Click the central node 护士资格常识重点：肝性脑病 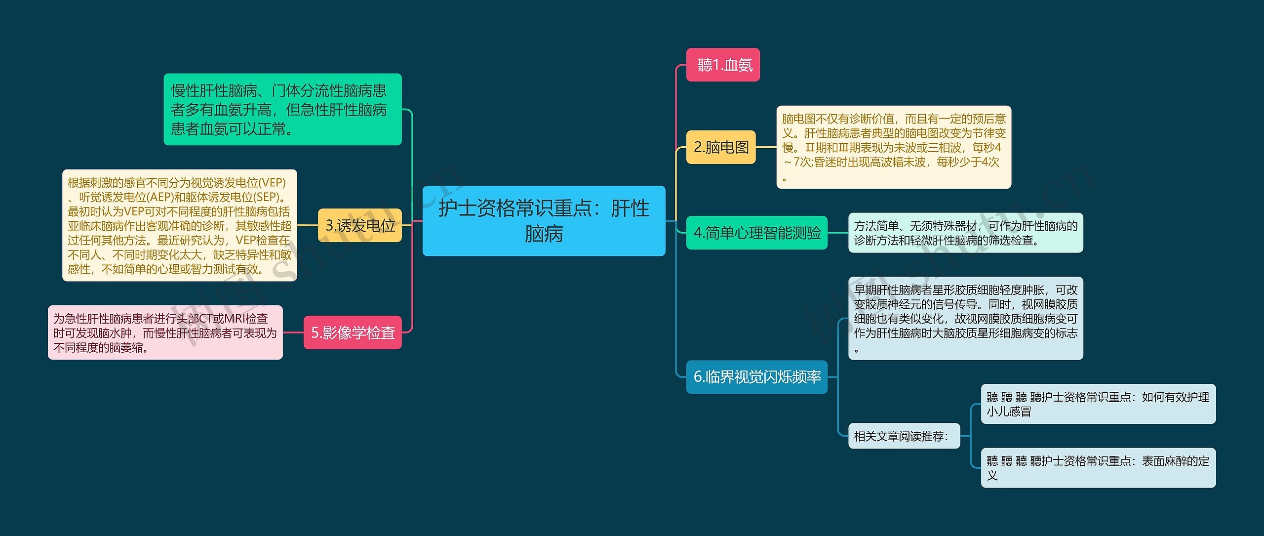(x=544, y=220)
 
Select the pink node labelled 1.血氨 (x=723, y=65)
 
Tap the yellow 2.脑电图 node (x=721, y=147)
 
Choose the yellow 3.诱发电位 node (x=360, y=225)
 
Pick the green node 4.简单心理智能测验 (x=756, y=233)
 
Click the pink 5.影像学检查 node (x=353, y=332)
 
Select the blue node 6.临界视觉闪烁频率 (x=756, y=377)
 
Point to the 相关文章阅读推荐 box (x=904, y=436)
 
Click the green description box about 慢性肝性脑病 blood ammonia (x=282, y=109)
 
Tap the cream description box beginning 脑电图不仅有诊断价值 (x=893, y=147)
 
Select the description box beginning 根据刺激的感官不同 (x=179, y=225)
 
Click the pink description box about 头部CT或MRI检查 (x=165, y=332)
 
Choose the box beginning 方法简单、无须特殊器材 (x=965, y=233)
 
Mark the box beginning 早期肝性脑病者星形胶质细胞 (x=965, y=318)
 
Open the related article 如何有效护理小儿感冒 (x=1098, y=404)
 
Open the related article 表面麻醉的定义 (x=1098, y=467)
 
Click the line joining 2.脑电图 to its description (x=766, y=147)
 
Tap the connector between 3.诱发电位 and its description (x=308, y=225)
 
